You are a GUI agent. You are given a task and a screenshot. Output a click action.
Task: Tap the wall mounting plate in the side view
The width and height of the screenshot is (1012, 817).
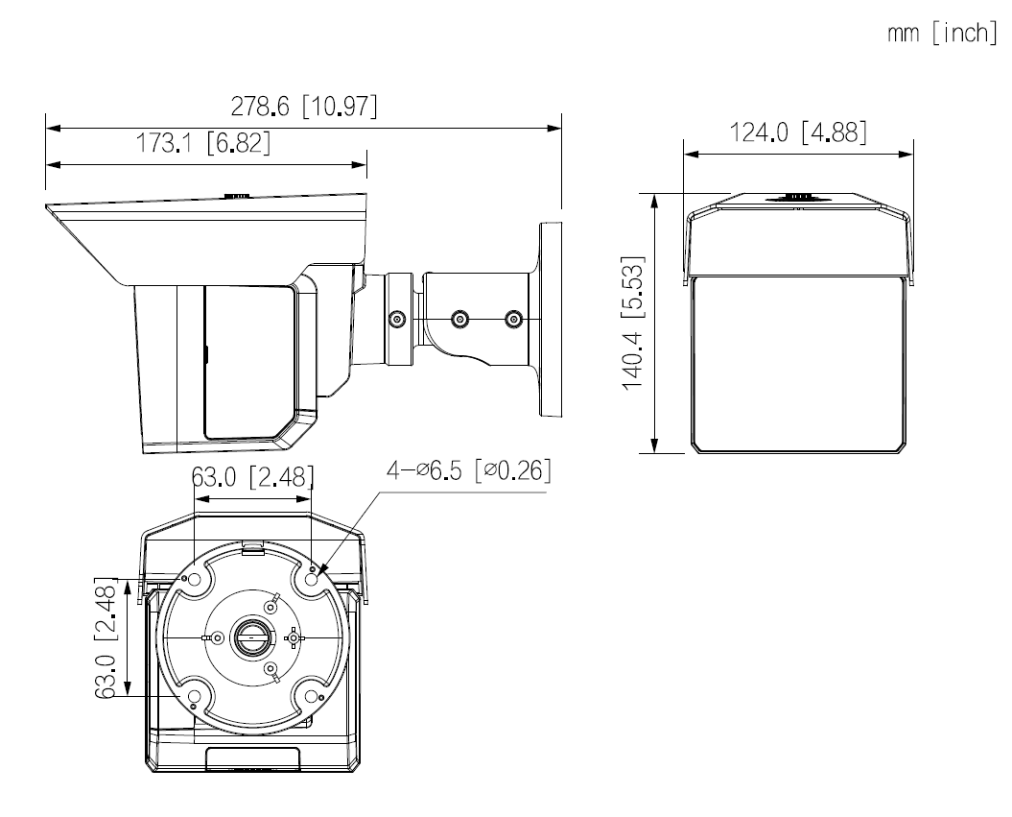click(x=550, y=320)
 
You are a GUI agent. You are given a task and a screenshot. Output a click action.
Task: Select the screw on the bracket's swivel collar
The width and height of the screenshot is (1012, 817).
click(x=396, y=318)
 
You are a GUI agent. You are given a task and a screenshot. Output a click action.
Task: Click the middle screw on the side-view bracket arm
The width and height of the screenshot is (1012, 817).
click(x=460, y=318)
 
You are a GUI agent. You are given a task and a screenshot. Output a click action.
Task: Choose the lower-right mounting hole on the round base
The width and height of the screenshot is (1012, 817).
click(x=313, y=696)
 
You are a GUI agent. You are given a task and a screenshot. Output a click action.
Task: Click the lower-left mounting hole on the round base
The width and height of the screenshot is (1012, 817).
click(x=195, y=696)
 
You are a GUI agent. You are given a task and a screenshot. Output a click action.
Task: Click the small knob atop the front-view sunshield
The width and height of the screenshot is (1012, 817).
click(x=795, y=198)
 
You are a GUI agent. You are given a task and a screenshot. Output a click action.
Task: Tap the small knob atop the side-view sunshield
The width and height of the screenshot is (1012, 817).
click(x=237, y=196)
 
